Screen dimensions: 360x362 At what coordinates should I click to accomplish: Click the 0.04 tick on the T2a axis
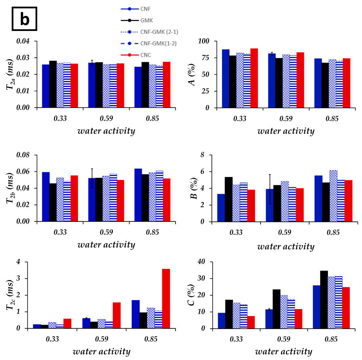24,41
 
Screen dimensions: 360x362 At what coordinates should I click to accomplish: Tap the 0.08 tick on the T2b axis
24,155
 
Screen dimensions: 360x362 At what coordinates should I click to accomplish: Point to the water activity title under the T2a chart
106,131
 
